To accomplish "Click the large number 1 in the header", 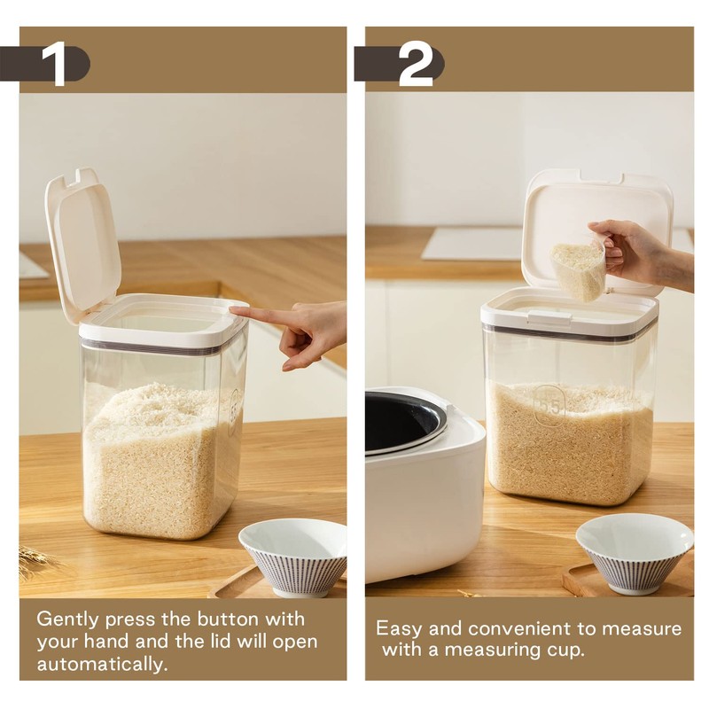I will [55, 63].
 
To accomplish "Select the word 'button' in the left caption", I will [232, 618].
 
